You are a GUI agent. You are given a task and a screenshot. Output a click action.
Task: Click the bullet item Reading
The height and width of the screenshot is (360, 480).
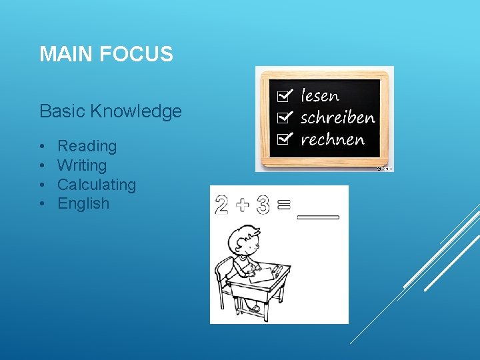coord(87,146)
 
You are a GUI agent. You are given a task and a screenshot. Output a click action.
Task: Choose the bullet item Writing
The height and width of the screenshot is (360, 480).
coord(82,165)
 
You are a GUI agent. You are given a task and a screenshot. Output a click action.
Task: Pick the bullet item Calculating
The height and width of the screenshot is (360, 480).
coord(97,185)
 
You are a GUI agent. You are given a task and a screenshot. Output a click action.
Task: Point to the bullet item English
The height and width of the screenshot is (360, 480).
coord(83,203)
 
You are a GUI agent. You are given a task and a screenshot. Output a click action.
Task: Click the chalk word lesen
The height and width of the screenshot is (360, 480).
coord(320,96)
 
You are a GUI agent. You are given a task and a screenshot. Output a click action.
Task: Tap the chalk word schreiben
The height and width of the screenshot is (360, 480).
coord(337,118)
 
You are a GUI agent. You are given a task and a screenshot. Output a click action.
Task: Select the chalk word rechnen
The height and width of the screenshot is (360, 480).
coord(333,139)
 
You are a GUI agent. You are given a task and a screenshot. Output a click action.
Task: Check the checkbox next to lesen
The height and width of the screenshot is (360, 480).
coord(283,96)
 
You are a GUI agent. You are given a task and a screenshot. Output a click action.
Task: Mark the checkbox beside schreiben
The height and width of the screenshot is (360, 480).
coord(283,118)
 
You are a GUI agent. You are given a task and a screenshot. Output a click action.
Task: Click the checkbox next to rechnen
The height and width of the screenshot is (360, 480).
coord(283,139)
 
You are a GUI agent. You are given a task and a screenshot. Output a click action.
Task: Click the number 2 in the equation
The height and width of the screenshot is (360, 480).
coord(222,204)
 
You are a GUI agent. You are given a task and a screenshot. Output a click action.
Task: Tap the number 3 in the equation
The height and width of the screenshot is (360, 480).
coord(262,205)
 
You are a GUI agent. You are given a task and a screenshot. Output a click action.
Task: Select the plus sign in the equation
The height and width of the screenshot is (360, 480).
coord(242,205)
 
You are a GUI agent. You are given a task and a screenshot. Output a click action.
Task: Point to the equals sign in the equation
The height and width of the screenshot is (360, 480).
coord(283,205)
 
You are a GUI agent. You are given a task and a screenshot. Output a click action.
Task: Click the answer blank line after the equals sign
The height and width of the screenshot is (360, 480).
coord(317,217)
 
